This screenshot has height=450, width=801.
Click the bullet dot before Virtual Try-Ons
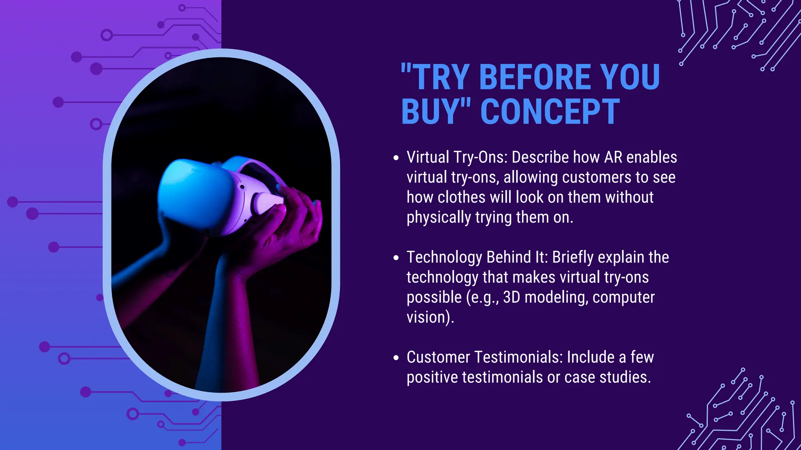(x=396, y=158)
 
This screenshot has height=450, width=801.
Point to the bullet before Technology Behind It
(x=396, y=258)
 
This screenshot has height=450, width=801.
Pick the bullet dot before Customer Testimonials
(x=396, y=358)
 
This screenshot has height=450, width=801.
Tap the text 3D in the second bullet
(x=511, y=297)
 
